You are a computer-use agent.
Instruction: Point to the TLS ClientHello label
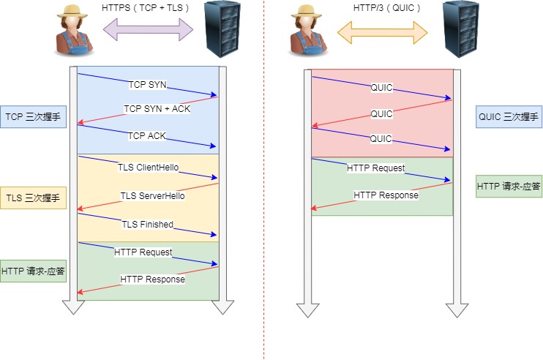point(147,167)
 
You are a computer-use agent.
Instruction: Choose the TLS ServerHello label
point(152,196)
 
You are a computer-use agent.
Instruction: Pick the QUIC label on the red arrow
point(381,114)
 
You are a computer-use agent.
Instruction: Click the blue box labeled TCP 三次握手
point(34,116)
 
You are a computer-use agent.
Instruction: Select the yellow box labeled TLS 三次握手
point(34,198)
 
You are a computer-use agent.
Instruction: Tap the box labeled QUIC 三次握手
point(508,116)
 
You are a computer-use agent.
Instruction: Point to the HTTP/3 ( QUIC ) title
point(381,8)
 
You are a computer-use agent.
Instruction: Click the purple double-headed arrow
point(148,30)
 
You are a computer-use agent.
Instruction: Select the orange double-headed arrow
point(381,30)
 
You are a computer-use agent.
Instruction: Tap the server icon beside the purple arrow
point(222,29)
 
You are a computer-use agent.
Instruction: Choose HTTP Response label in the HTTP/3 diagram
point(386,195)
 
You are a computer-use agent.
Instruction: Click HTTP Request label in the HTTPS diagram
point(143,252)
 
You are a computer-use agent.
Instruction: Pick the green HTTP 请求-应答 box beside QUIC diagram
point(508,186)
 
